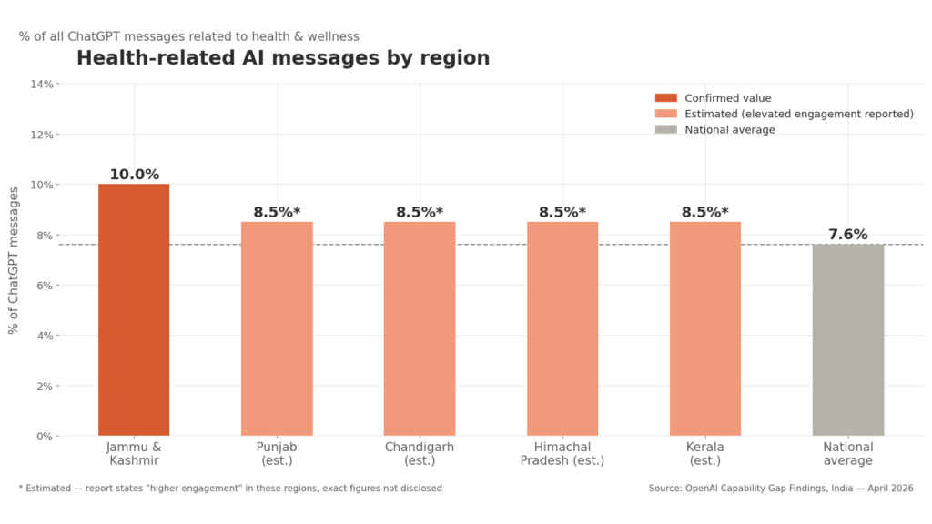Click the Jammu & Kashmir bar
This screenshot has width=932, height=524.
click(134, 309)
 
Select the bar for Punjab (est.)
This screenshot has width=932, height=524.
click(277, 328)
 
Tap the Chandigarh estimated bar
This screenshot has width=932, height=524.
click(420, 328)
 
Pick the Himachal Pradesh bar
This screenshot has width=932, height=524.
click(562, 328)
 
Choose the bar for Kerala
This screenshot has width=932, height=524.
click(705, 328)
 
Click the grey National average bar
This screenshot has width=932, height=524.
click(848, 339)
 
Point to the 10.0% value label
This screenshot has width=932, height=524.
click(134, 175)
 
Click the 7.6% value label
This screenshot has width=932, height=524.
click(848, 235)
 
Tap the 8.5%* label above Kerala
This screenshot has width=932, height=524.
click(705, 213)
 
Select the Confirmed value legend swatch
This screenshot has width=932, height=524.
click(666, 98)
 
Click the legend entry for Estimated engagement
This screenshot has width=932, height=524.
click(798, 114)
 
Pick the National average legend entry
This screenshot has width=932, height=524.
click(729, 130)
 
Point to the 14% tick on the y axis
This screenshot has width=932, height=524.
click(43, 84)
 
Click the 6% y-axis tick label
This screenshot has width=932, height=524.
click(45, 286)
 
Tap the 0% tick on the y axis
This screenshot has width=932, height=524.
click(45, 436)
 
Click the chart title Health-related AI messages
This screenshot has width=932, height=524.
click(283, 58)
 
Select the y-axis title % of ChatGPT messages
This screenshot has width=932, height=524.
click(14, 260)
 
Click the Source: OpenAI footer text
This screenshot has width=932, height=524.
click(781, 489)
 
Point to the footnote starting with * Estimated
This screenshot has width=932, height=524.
click(230, 489)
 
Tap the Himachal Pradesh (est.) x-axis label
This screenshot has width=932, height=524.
click(562, 453)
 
